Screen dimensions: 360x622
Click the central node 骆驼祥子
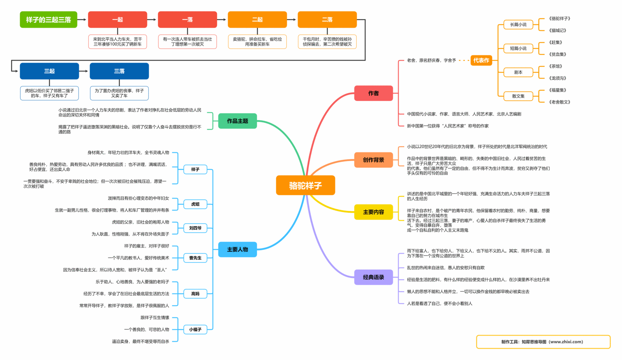(305, 185)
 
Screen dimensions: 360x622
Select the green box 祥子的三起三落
(49, 19)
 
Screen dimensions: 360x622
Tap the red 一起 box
(117, 19)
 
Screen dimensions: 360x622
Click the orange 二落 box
(327, 19)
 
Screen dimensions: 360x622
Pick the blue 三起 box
(49, 71)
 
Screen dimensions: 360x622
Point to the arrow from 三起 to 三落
(84, 71)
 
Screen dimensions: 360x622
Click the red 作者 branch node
(373, 93)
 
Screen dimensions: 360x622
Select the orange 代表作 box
(481, 60)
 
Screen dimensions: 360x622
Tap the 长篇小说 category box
(518, 24)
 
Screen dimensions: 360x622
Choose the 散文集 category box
(518, 96)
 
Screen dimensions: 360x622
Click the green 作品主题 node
(237, 121)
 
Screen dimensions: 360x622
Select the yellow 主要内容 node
(373, 212)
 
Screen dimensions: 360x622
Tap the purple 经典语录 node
(373, 277)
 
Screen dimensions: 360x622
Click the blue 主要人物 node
(237, 249)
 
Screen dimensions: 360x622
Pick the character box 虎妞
(195, 204)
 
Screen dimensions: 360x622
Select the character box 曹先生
(195, 258)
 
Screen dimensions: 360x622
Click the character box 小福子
(195, 329)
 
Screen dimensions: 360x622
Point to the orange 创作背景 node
(373, 160)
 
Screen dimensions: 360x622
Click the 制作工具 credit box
(543, 342)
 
